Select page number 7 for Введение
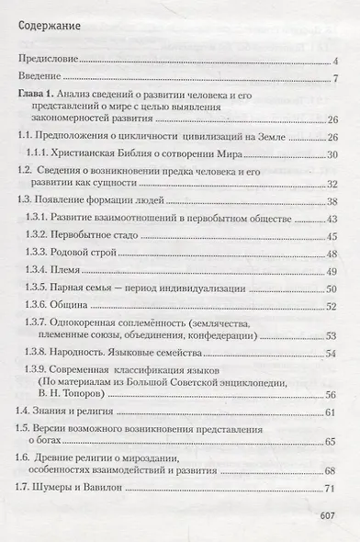point(337,76)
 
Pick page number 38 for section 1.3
point(332,201)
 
